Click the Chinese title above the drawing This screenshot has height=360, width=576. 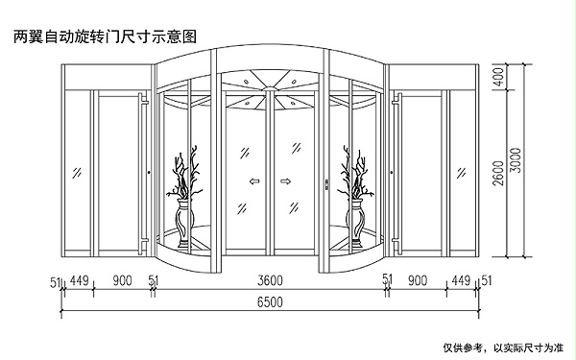click(105, 37)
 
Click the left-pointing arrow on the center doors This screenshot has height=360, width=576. click(254, 180)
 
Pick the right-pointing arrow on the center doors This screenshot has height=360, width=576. click(286, 180)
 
